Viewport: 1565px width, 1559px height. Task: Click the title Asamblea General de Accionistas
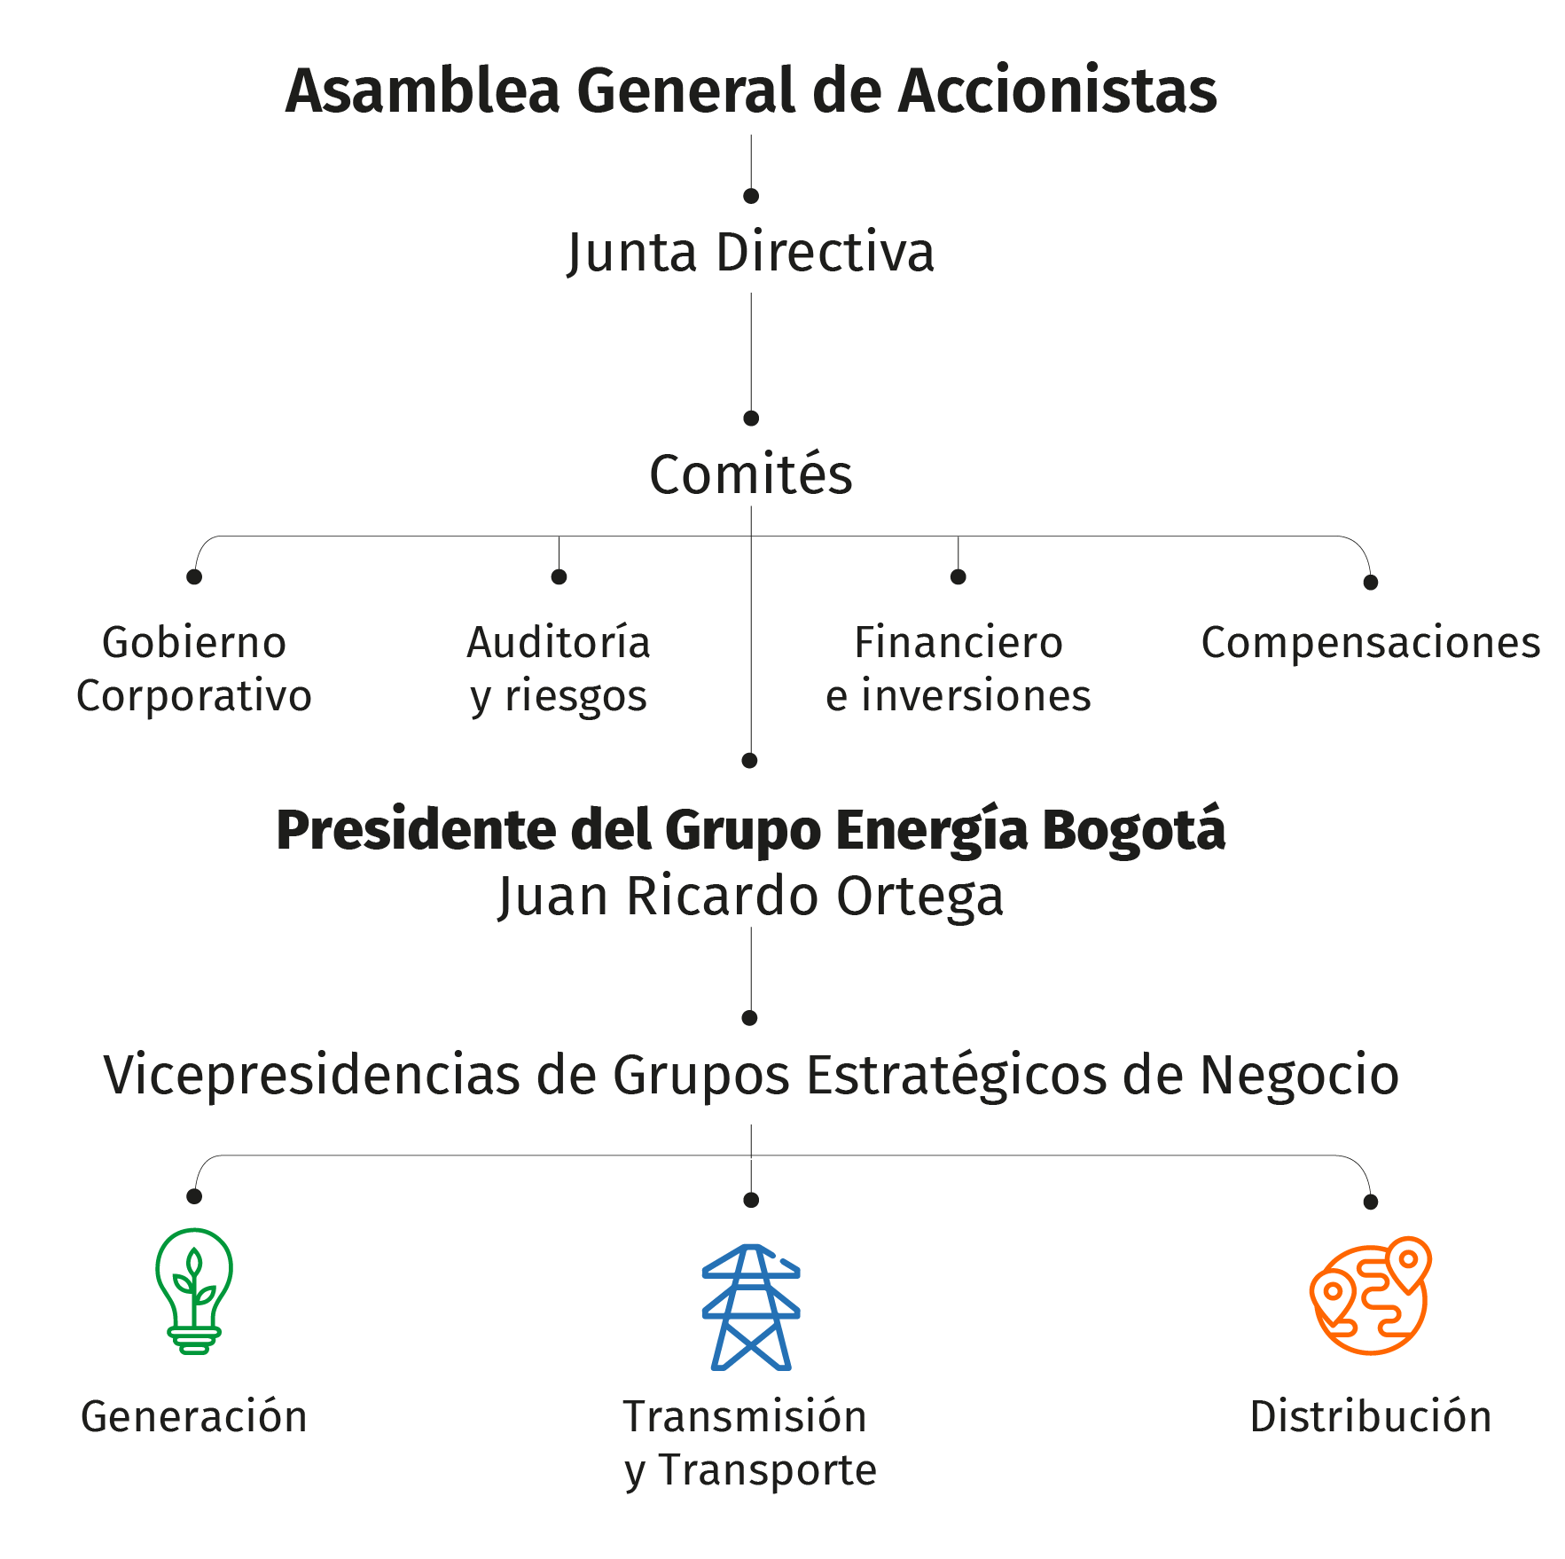click(751, 90)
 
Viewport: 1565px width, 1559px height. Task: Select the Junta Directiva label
click(751, 253)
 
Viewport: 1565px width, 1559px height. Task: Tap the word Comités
click(751, 474)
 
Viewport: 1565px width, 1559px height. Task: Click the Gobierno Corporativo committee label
click(194, 669)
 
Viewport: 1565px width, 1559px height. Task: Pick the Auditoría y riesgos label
click(559, 669)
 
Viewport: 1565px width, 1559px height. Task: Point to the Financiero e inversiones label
click(959, 669)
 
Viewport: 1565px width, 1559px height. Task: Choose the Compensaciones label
click(1371, 643)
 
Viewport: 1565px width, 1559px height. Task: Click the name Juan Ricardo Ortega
click(751, 896)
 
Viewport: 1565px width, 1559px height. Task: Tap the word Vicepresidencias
click(311, 1075)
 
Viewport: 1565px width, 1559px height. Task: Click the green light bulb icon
click(194, 1290)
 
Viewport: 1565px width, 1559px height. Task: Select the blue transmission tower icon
click(751, 1307)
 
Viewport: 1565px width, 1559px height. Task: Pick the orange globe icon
click(1371, 1296)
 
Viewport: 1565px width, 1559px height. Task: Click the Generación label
click(194, 1416)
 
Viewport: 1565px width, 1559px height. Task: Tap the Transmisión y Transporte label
click(750, 1443)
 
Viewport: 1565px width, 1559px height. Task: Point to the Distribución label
click(1371, 1416)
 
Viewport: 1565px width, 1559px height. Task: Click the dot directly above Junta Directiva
click(751, 196)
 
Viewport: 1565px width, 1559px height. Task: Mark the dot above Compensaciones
click(1371, 583)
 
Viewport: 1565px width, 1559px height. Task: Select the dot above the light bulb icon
click(194, 1196)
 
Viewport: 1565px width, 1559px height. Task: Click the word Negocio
click(1299, 1075)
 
